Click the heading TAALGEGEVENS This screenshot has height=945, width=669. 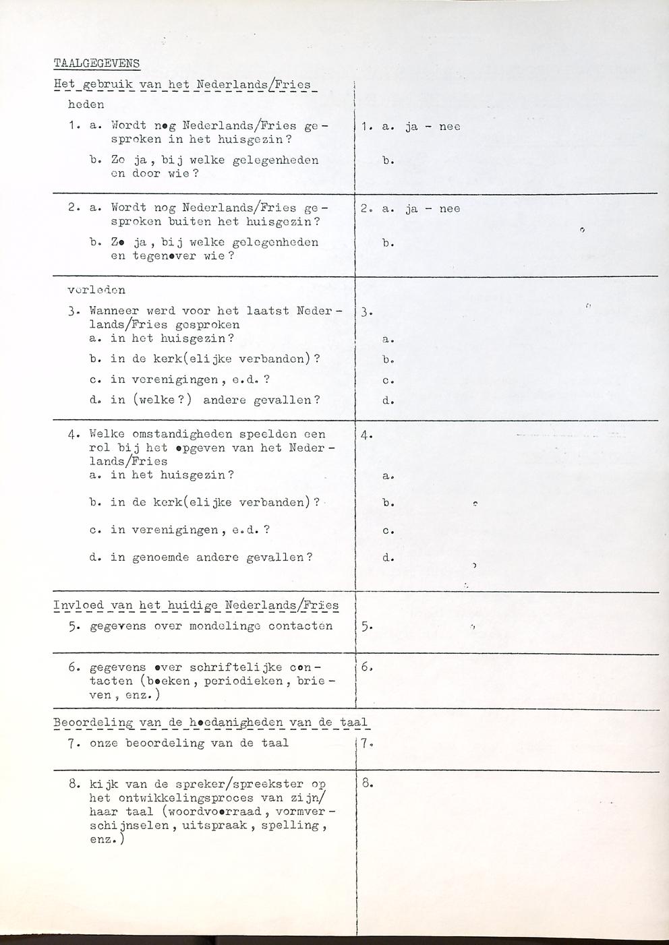[x=96, y=63]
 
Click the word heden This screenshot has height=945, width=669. [x=86, y=104]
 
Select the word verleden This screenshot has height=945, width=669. [x=96, y=291]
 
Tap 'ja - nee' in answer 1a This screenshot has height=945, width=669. [x=432, y=126]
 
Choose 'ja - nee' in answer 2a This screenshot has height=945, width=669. [x=432, y=208]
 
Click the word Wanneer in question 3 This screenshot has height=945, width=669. [x=111, y=311]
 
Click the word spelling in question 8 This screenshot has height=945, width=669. [x=299, y=825]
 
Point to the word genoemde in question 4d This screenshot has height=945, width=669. [x=156, y=557]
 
